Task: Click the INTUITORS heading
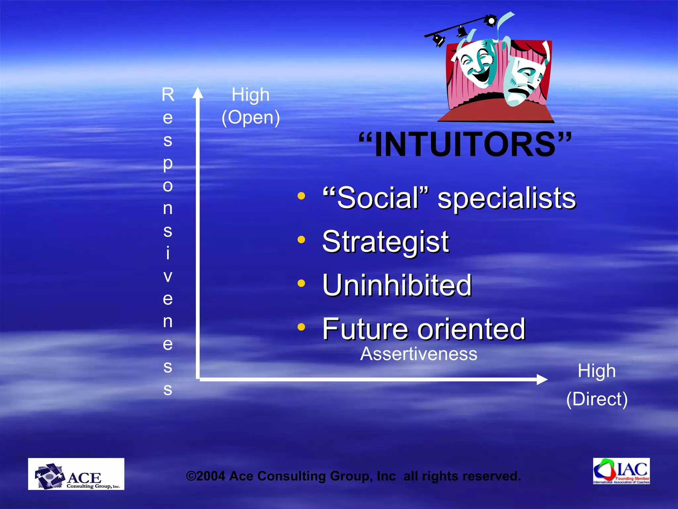click(x=465, y=145)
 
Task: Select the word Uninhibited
click(x=397, y=285)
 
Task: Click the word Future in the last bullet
click(x=365, y=329)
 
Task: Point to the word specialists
click(x=507, y=198)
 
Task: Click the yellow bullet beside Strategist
click(x=301, y=239)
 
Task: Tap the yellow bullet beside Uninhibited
click(x=301, y=283)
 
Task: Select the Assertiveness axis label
click(x=418, y=354)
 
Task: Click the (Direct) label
click(x=597, y=399)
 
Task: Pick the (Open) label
click(x=251, y=118)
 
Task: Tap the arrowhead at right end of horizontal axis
click(x=542, y=379)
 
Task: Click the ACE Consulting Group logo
click(x=76, y=474)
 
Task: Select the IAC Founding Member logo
click(x=621, y=471)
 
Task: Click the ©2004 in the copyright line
click(x=206, y=476)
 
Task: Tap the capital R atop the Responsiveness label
click(x=168, y=95)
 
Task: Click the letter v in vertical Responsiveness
click(x=168, y=276)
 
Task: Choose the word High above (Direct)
click(x=597, y=371)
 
